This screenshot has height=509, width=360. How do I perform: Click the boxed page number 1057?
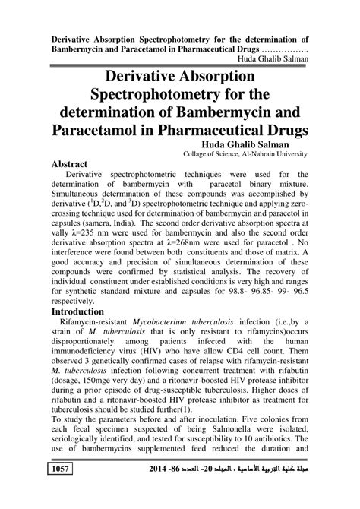[x=60, y=492]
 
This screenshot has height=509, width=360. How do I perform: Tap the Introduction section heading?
[x=87, y=311]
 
